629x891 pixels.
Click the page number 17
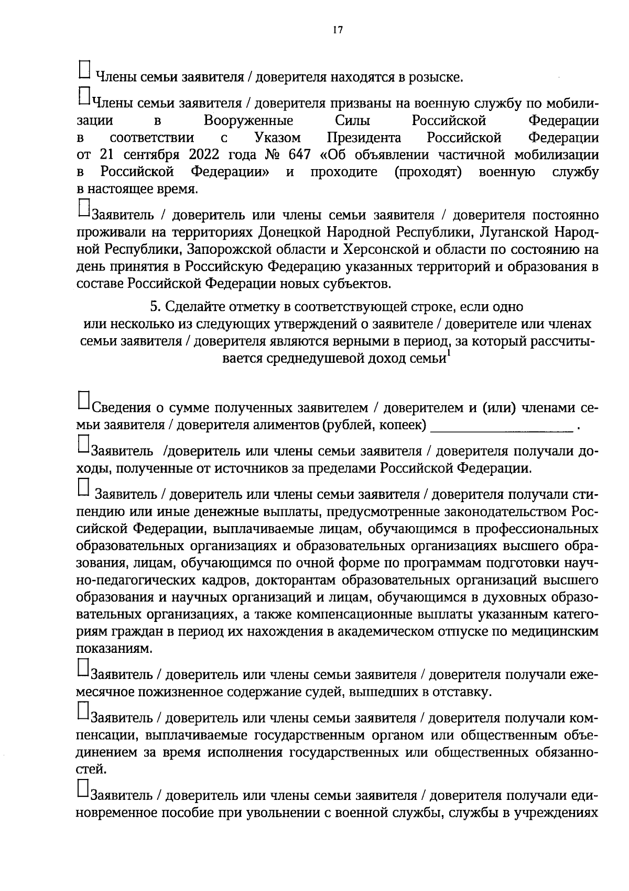click(337, 30)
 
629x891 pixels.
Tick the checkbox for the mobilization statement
click(84, 95)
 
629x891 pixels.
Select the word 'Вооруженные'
click(248, 121)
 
